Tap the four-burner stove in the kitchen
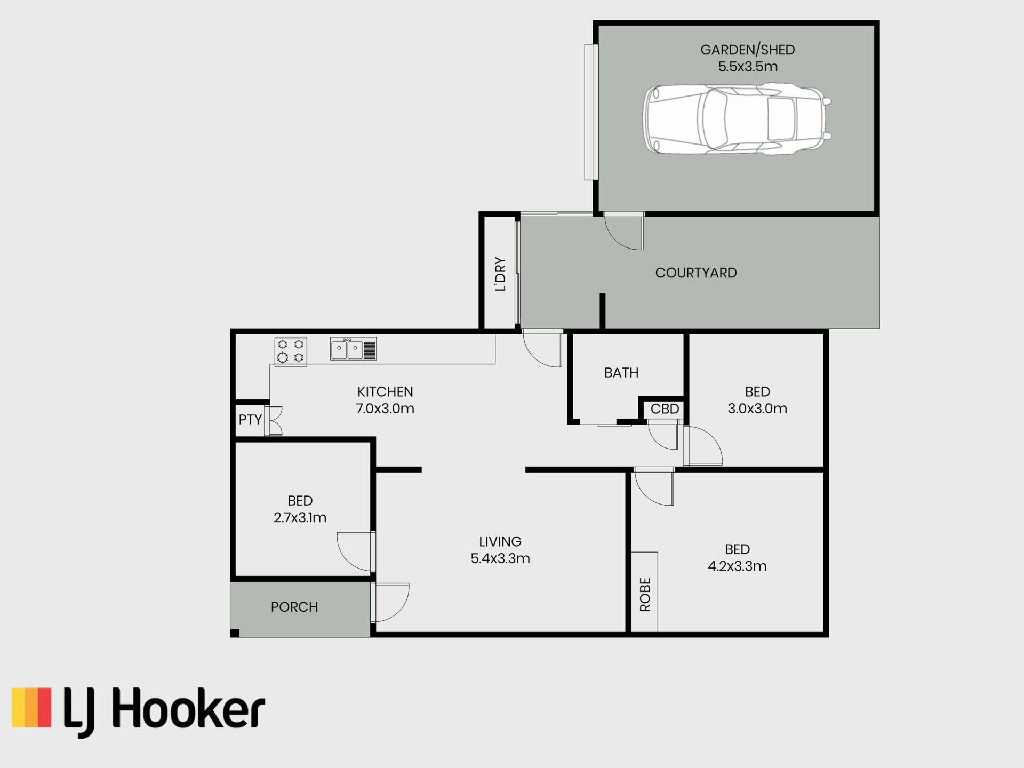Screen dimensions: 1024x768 pyautogui.click(x=291, y=351)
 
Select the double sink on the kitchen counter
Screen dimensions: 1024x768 pyautogui.click(x=353, y=349)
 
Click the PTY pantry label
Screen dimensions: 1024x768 pyautogui.click(x=250, y=420)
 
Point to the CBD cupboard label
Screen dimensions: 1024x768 pyautogui.click(x=665, y=409)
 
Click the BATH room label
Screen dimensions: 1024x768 pyautogui.click(x=621, y=373)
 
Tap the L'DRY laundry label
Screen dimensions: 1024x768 pyautogui.click(x=500, y=274)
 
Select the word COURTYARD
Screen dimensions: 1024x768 pyautogui.click(x=696, y=273)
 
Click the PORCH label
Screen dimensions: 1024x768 pyautogui.click(x=294, y=607)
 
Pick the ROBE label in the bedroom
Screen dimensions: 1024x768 pyautogui.click(x=645, y=595)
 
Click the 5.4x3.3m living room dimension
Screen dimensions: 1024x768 pyautogui.click(x=500, y=558)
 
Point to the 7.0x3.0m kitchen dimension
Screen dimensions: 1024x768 pyautogui.click(x=385, y=409)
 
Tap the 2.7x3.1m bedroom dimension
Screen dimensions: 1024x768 pyautogui.click(x=300, y=517)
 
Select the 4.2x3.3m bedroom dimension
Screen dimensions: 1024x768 pyautogui.click(x=738, y=566)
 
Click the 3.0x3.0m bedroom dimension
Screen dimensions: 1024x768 pyautogui.click(x=757, y=409)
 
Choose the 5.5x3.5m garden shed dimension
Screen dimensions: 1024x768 pyautogui.click(x=748, y=67)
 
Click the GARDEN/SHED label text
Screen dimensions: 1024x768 pyautogui.click(x=748, y=50)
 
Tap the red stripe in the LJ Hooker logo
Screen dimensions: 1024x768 pyautogui.click(x=44, y=707)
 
